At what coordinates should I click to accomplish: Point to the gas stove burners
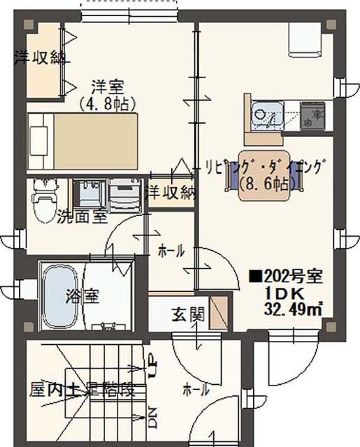tap(312, 115)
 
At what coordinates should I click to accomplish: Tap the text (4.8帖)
tap(107, 103)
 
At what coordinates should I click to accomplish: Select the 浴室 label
tap(82, 295)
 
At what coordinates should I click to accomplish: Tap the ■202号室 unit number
tap(286, 277)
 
